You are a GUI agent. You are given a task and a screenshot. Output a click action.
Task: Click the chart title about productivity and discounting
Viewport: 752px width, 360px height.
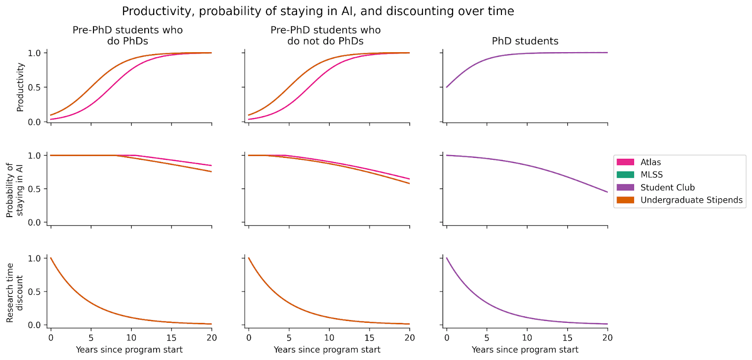(318, 11)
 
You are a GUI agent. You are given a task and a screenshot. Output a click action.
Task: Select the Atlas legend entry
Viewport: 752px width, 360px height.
(650, 162)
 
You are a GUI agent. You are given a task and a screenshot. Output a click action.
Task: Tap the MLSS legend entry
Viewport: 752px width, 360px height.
(651, 175)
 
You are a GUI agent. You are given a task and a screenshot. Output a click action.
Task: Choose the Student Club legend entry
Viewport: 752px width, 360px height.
(667, 188)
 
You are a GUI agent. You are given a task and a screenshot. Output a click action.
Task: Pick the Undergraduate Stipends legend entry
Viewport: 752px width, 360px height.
(691, 200)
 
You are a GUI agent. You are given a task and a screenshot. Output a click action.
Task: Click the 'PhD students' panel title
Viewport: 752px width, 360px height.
(525, 41)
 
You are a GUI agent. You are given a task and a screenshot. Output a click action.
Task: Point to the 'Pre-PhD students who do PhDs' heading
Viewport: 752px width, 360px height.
(127, 36)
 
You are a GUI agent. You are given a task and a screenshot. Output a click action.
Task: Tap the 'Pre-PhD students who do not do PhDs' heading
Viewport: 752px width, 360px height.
(325, 36)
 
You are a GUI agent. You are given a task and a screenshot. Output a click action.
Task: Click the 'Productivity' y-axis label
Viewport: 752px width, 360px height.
(20, 87)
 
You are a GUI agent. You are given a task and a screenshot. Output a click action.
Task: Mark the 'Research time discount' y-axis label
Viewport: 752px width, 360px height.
(15, 292)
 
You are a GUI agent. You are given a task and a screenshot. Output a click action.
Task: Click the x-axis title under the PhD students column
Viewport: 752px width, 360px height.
(525, 350)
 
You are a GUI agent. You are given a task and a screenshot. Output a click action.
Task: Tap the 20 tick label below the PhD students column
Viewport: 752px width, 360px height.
(607, 337)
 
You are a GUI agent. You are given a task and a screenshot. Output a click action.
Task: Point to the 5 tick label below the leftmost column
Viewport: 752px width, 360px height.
(91, 337)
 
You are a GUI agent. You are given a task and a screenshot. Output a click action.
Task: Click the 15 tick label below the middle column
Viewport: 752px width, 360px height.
(369, 337)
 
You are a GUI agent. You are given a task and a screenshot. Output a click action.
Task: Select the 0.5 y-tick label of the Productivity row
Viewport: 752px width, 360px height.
(35, 87)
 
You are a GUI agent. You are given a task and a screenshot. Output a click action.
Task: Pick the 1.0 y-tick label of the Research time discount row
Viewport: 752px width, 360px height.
(35, 258)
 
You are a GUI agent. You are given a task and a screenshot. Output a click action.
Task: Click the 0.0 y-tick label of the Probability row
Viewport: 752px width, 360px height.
(35, 223)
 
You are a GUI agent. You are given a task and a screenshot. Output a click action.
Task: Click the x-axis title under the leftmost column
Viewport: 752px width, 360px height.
(129, 350)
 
